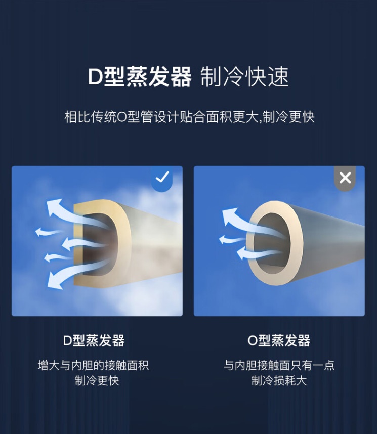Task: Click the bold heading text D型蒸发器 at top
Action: pos(140,77)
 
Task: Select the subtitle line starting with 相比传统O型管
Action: pos(189,117)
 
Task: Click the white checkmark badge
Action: pos(162,178)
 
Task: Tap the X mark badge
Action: pos(345,178)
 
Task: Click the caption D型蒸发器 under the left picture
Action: pos(94,341)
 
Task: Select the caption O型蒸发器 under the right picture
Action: pos(279,341)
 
